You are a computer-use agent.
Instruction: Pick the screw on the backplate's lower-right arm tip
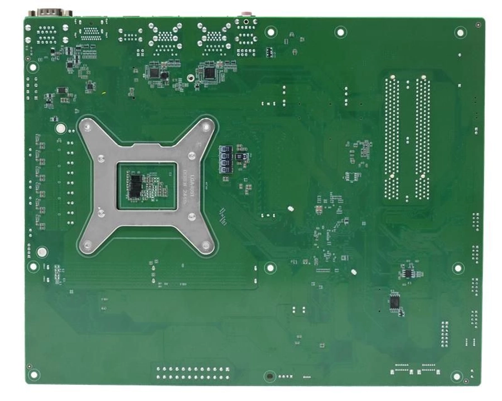tap(207, 244)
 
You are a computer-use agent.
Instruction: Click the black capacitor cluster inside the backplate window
tap(136, 185)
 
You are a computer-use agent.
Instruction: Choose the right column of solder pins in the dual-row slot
tap(422, 140)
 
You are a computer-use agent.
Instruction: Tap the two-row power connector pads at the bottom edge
tap(193, 373)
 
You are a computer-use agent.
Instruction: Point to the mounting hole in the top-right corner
tap(460, 32)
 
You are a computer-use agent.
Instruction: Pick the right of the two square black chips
tap(209, 72)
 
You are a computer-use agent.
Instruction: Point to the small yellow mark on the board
tap(103, 92)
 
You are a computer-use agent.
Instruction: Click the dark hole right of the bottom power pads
tap(269, 376)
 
